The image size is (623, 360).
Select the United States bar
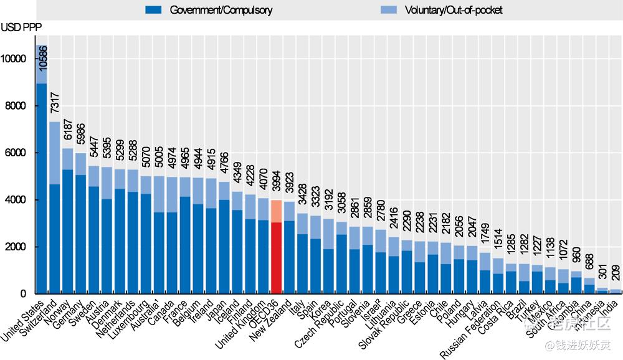pyautogui.click(x=42, y=187)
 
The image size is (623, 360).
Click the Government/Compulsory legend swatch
pyautogui.click(x=153, y=10)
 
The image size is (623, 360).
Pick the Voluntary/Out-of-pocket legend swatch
pyautogui.click(x=388, y=10)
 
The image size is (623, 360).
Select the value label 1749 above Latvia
pyautogui.click(x=486, y=237)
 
